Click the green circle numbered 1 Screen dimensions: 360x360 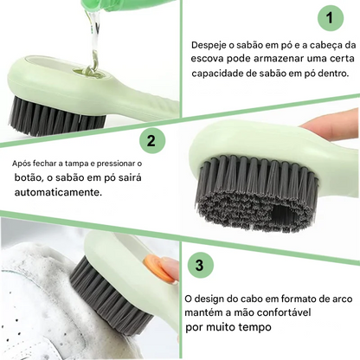point(331,18)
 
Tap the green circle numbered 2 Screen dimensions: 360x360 point(152,141)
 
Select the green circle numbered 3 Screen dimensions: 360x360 point(200,265)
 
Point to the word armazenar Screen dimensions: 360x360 point(279,59)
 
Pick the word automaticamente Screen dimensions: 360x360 point(58,192)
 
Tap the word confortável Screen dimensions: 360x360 point(284,312)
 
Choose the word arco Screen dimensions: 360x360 point(342,299)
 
